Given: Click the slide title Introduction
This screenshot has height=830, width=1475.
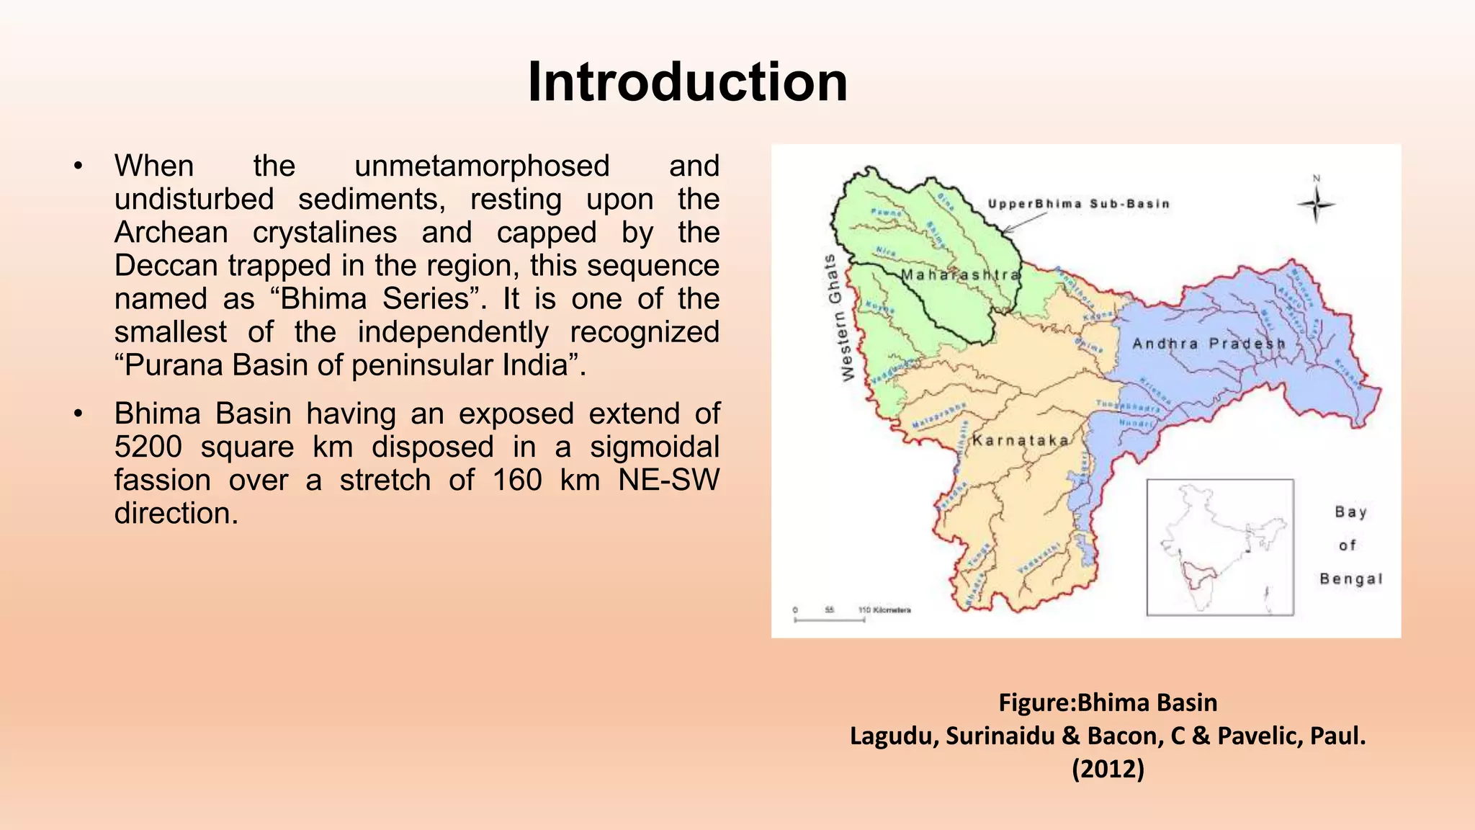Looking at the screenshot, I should click(x=687, y=82).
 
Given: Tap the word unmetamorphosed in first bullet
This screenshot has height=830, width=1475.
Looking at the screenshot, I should click(x=482, y=166).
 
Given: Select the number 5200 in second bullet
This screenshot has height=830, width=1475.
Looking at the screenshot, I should click(x=148, y=447).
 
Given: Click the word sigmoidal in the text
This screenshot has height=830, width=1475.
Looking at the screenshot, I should click(x=654, y=447).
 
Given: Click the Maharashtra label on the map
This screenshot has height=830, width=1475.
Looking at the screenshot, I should click(x=961, y=275).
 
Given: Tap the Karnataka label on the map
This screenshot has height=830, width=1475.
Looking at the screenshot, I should click(x=1021, y=440).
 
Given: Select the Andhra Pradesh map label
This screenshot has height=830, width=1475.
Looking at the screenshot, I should click(x=1209, y=344).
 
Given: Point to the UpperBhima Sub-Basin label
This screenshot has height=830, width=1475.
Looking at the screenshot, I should click(x=1078, y=204).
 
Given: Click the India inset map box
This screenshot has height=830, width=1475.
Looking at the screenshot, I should click(x=1219, y=547).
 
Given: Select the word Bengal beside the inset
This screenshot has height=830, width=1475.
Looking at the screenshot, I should click(x=1350, y=579).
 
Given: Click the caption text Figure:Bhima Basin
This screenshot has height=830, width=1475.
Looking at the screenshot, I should click(x=1108, y=702).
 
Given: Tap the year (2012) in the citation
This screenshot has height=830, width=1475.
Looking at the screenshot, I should click(x=1108, y=769).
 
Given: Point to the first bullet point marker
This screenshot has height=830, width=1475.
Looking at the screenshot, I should click(x=79, y=167).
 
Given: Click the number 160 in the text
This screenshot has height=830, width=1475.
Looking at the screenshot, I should click(x=516, y=481).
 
